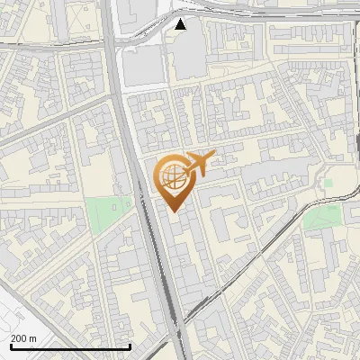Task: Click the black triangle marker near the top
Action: point(182,24)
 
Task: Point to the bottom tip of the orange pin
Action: point(174,212)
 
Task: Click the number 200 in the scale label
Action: point(19,339)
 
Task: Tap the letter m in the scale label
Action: point(33,339)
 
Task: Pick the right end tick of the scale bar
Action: point(131,346)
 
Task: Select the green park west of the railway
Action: point(107,214)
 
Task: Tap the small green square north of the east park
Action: point(328,184)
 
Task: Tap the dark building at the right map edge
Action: point(356,144)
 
